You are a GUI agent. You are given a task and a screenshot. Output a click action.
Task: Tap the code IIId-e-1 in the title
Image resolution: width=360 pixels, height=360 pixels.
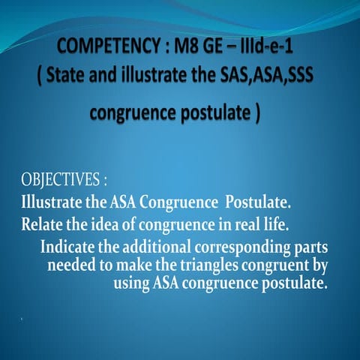(267, 51)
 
